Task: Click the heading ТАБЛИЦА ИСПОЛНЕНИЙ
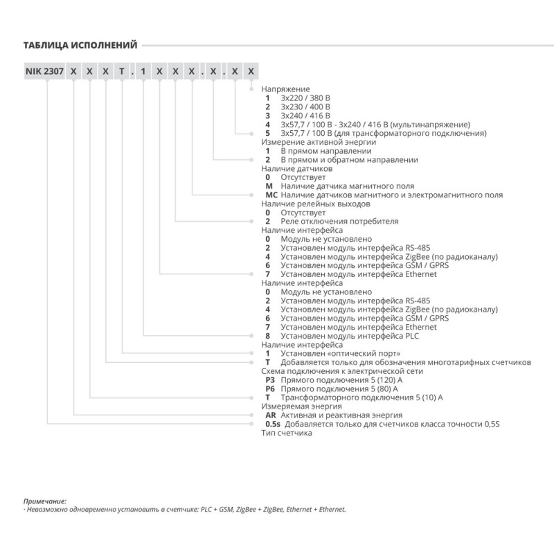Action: click(x=78, y=46)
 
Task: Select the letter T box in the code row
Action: click(x=123, y=72)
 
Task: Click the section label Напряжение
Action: click(x=285, y=90)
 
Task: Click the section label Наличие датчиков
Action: click(x=297, y=168)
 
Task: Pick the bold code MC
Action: click(x=271, y=195)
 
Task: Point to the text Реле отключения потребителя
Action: click(x=339, y=221)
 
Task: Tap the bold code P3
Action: click(x=271, y=379)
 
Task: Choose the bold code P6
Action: click(x=271, y=388)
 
